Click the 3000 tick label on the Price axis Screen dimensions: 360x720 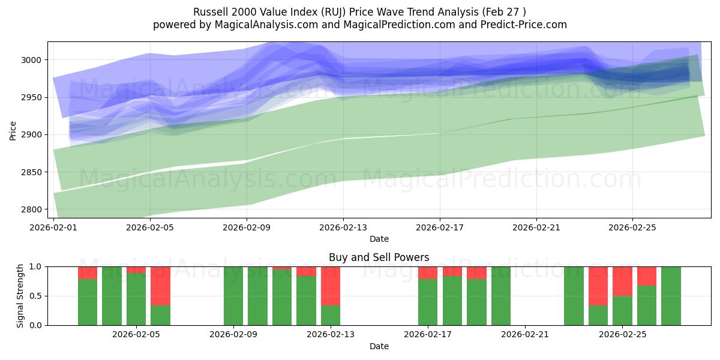[34, 60]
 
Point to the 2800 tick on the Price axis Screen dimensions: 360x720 [34, 209]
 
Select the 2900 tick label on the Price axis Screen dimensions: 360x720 [34, 134]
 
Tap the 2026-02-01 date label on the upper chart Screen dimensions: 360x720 [54, 227]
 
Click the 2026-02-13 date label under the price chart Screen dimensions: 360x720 [343, 227]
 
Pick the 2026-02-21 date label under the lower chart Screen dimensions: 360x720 [525, 335]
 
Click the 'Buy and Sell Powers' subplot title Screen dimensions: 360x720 [379, 257]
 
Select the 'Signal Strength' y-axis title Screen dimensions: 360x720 [20, 296]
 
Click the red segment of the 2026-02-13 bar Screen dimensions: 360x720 [331, 286]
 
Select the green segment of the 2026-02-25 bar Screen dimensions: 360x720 [622, 310]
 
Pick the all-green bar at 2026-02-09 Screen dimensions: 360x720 [233, 296]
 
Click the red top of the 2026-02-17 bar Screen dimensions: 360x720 [428, 272]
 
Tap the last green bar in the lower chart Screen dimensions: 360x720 [671, 296]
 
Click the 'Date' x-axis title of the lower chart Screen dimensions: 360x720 [379, 346]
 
